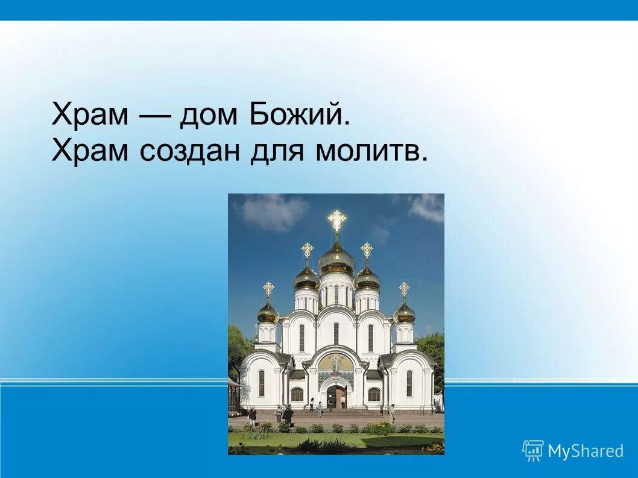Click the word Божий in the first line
point(299,115)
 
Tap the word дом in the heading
point(206,115)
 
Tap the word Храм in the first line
point(89,115)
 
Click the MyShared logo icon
point(532,450)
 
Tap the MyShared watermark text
point(585,451)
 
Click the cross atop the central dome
point(336,219)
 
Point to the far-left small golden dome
point(268,312)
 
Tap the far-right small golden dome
point(404,312)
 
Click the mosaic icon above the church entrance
point(336,363)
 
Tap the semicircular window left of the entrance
point(297,395)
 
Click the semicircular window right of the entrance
point(374,395)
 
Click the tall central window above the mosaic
point(336,333)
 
